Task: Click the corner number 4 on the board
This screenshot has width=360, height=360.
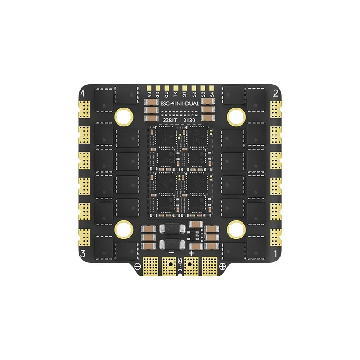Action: coord(82,94)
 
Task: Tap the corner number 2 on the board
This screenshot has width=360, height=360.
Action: coord(275,94)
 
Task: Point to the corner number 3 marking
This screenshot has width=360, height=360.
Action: coord(82,253)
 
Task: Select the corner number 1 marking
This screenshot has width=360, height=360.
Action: coord(275,253)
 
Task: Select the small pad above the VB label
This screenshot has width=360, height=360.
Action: coord(149,87)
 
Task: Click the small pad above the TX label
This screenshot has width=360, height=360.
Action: coord(175,87)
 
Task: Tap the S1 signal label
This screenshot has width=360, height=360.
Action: coord(184,94)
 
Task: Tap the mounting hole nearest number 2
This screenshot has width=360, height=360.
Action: coord(235,117)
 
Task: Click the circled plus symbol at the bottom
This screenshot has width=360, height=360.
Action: coord(222,265)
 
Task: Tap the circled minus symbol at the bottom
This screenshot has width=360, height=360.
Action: coord(137,265)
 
